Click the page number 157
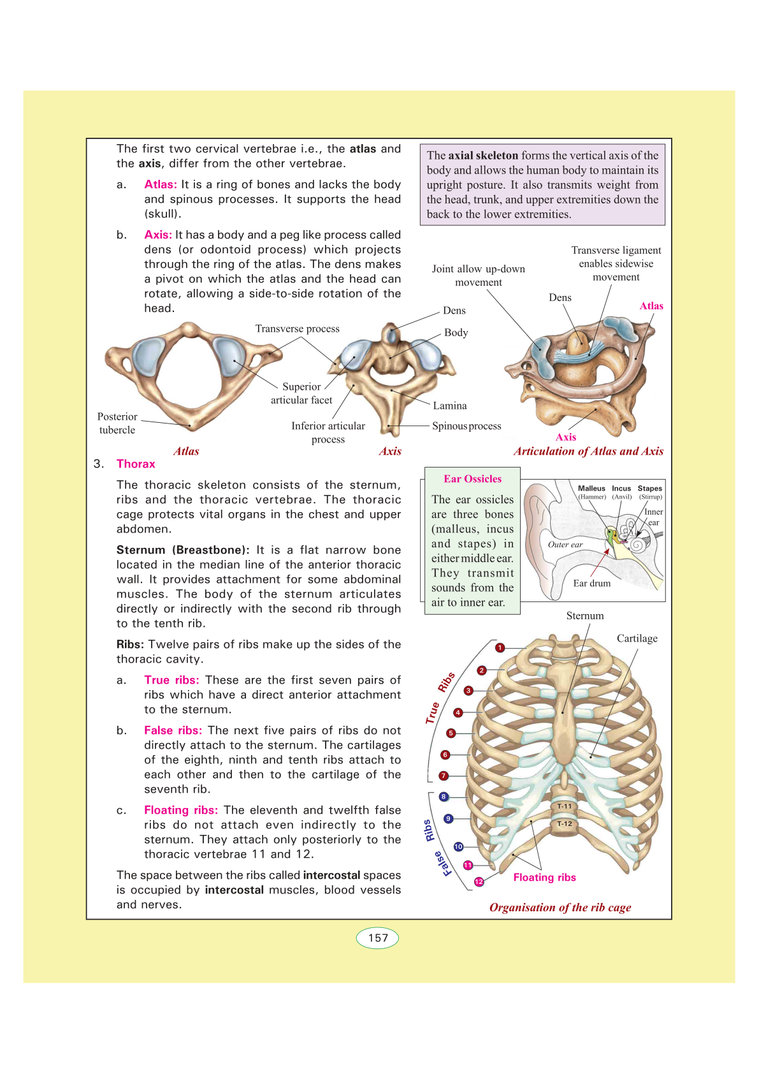coord(378,938)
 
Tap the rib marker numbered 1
coord(500,648)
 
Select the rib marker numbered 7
coord(444,776)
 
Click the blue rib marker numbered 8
coord(444,797)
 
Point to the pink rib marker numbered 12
coord(479,881)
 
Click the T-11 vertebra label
coord(565,806)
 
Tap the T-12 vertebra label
coord(565,824)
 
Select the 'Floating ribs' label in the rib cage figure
coord(544,878)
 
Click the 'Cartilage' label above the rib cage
coord(637,638)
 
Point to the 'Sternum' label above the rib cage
coord(584,615)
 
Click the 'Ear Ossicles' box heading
coord(473,479)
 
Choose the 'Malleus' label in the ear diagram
coord(591,489)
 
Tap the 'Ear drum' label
coord(591,583)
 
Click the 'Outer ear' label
coord(565,545)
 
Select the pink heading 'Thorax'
coord(136,464)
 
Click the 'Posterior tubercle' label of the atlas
coord(117,423)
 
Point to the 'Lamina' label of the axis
coord(450,406)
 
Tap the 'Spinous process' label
coord(466,426)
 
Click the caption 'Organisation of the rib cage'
coord(560,908)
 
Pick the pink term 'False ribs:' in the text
coord(173,731)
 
